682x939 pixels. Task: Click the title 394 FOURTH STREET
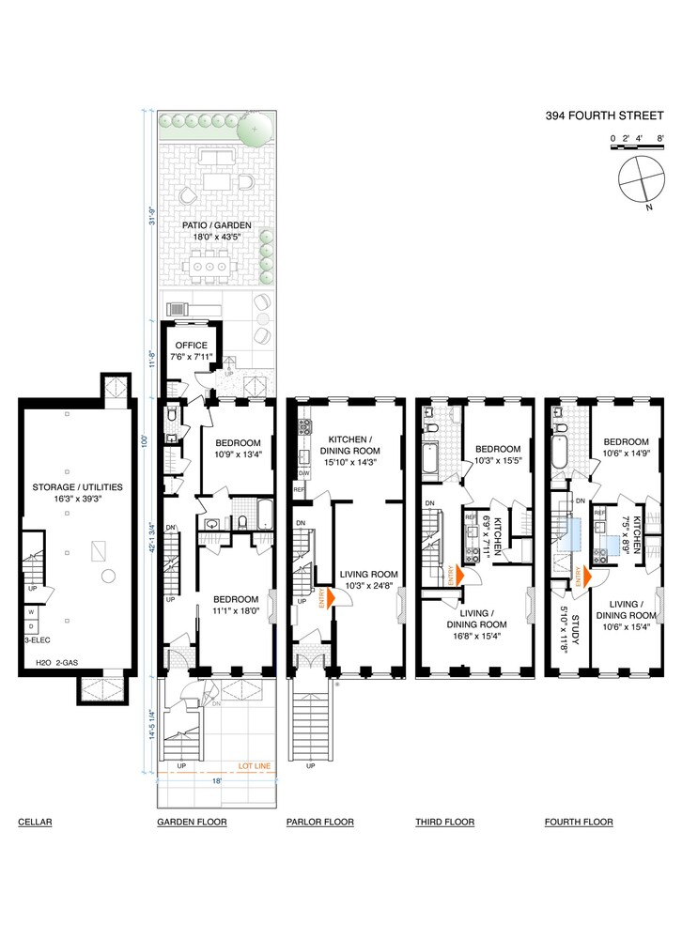coord(597,117)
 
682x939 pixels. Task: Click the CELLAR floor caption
coord(34,823)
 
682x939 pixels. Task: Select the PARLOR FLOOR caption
coord(319,823)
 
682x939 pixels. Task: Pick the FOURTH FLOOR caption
coord(579,823)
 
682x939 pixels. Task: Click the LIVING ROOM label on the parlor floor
coord(364,574)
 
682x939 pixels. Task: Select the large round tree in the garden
coord(253,129)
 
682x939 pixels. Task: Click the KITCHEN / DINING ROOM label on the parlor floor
coord(352,444)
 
